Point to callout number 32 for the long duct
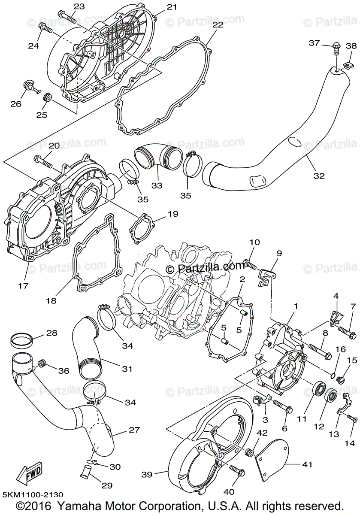click(319, 175)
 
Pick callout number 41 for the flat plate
click(307, 464)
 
